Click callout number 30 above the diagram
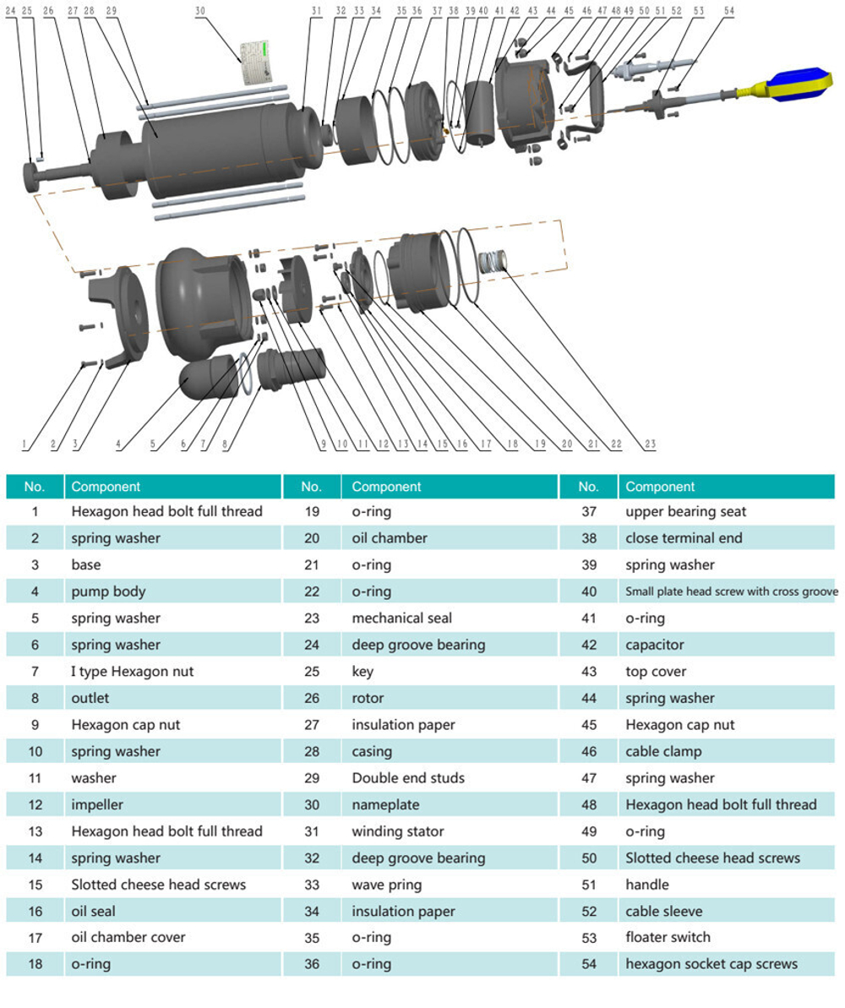pos(200,11)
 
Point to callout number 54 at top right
pos(728,11)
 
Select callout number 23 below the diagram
pos(650,444)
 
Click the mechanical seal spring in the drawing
pos(493,260)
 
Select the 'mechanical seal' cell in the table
pos(402,618)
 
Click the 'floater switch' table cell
pos(668,937)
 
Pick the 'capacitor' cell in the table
pos(655,645)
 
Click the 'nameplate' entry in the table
pos(385,805)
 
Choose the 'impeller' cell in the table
pos(97,805)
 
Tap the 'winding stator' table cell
pos(397,831)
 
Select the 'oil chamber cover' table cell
pos(128,937)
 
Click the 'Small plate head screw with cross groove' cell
pos(731,591)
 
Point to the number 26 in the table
pos(312,698)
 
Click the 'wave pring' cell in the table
pos(386,885)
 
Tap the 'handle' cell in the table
pos(647,885)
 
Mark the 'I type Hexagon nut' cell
pos(132,672)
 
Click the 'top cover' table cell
pos(655,672)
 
